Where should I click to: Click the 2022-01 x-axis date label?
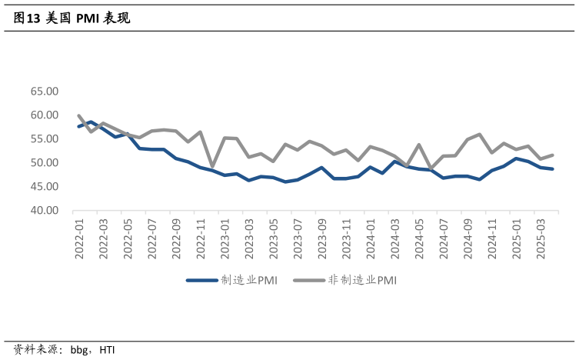pos(79,238)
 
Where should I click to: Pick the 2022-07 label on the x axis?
pos(151,238)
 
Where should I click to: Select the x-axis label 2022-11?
pos(201,238)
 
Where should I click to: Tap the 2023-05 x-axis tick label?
pos(273,238)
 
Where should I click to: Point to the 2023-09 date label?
pos(321,238)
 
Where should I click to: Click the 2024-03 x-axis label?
pos(394,238)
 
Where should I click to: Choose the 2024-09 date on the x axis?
pos(467,238)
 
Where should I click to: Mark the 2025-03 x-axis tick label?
pos(540,238)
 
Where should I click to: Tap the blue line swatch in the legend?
pos(202,280)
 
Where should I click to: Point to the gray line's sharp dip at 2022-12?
pos(212,166)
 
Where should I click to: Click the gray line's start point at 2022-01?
pos(79,115)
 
